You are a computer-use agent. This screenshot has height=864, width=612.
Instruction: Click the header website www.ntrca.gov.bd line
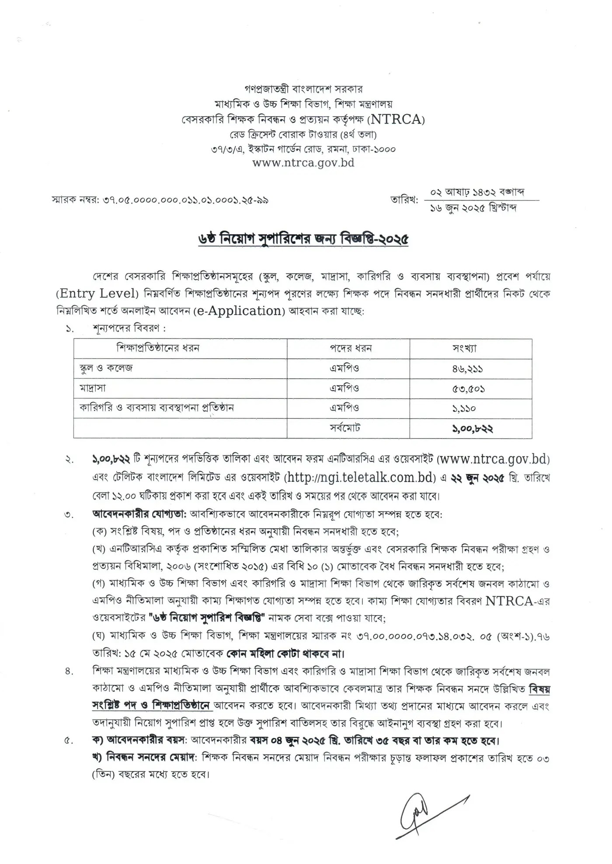[x=303, y=162]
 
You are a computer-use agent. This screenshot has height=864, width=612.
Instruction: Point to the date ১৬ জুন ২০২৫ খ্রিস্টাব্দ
[x=473, y=208]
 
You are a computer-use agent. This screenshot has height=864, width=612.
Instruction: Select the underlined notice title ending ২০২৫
[x=303, y=240]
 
